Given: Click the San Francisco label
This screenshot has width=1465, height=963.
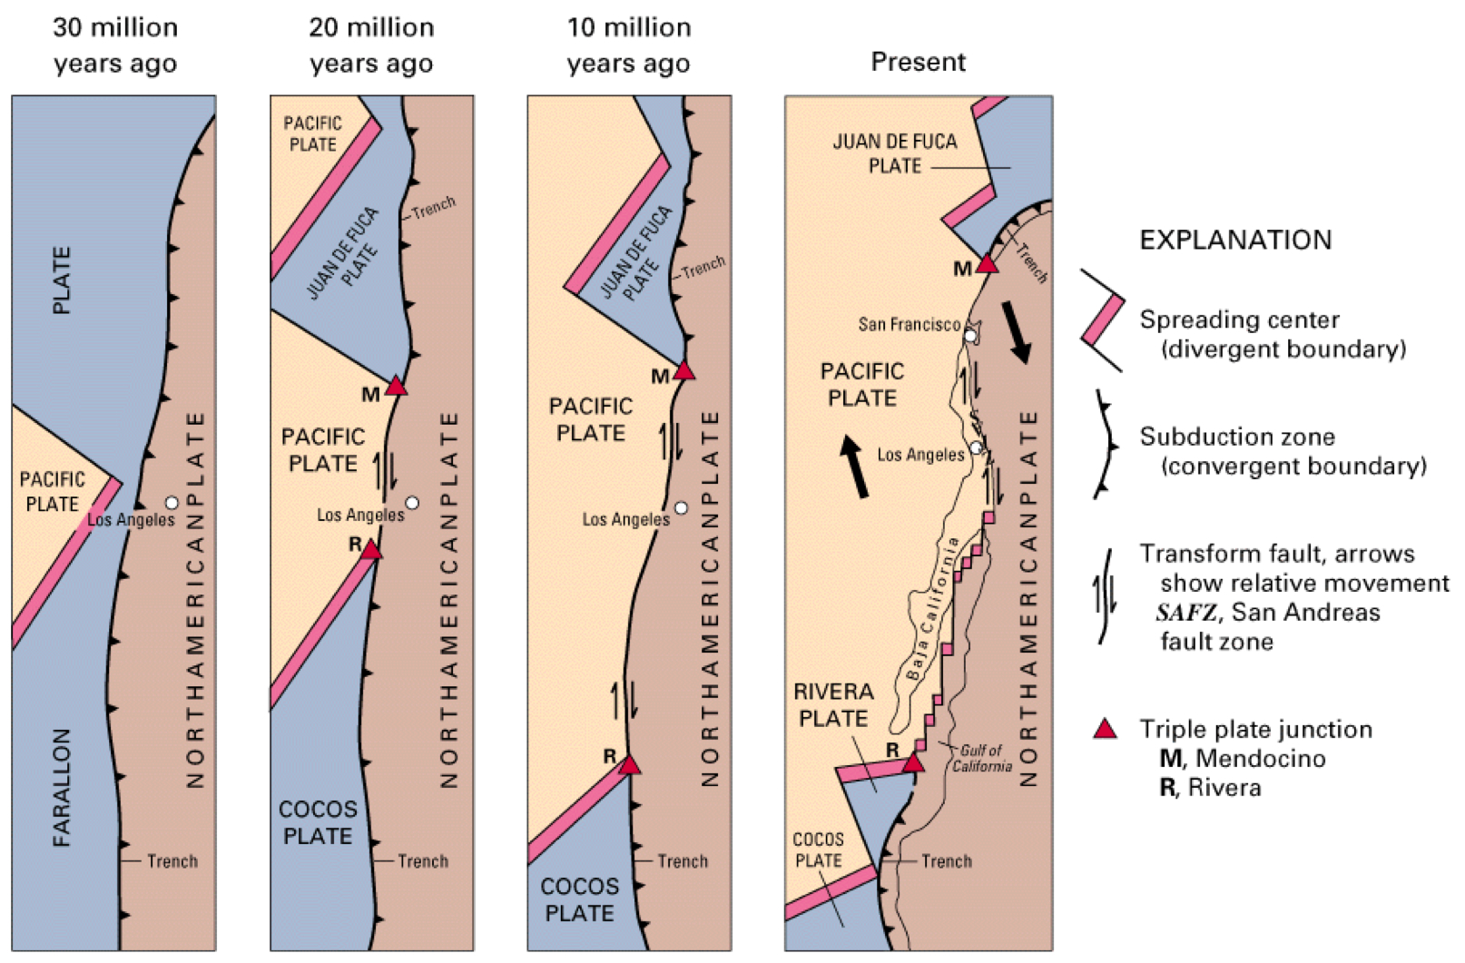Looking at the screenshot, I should coord(909,325).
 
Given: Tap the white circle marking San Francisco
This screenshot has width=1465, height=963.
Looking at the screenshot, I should coord(970,336).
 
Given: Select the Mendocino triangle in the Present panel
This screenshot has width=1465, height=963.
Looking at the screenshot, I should coord(987,264).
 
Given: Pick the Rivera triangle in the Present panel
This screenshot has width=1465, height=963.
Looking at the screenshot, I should coord(913,762).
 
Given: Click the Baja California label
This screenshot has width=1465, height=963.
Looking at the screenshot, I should coord(932,608).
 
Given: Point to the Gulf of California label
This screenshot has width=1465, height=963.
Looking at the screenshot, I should coord(981,758).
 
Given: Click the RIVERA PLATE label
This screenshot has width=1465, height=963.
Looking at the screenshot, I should coord(833,705).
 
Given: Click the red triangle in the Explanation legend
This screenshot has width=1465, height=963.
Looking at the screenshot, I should coord(1105,729).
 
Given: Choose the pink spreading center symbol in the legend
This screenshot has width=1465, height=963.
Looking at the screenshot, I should coord(1103,320).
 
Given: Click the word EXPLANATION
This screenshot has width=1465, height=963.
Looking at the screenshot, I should coord(1235,241).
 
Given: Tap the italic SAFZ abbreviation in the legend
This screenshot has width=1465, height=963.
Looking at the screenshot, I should coord(1185,613).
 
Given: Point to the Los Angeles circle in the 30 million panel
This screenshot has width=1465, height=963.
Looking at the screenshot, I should coord(172,503).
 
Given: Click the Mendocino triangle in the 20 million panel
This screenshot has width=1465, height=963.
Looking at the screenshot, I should coord(396,386).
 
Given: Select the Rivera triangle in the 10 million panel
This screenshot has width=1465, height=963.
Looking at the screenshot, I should coord(630,765).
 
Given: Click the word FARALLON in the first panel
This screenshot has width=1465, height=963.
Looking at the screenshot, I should coord(62,787).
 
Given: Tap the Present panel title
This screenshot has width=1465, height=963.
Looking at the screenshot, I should coord(918,62).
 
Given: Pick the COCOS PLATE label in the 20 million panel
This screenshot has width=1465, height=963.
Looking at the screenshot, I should coord(318,822).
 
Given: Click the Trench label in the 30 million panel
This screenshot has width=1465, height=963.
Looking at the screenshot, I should coord(172,860).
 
